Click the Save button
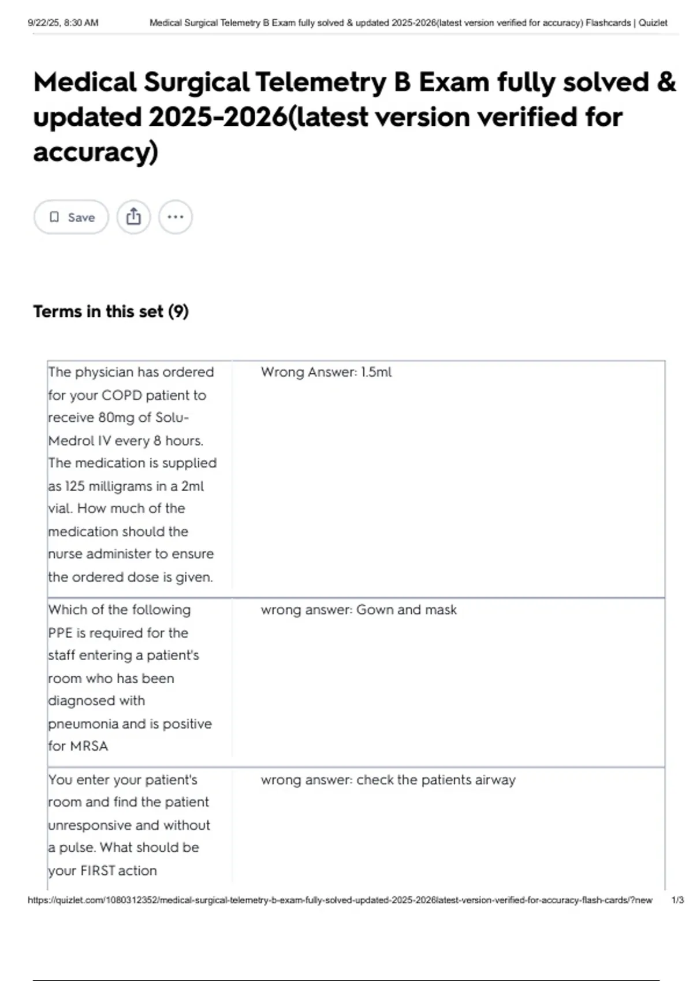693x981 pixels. click(71, 217)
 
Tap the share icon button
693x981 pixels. click(133, 217)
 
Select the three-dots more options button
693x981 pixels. click(175, 217)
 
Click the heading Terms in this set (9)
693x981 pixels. click(111, 312)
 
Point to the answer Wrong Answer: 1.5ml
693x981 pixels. click(326, 372)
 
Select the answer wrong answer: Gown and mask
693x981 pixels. click(358, 610)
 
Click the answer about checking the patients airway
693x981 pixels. click(388, 780)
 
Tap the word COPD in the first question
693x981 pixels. click(122, 395)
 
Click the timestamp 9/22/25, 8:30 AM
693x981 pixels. click(63, 23)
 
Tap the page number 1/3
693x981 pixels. click(677, 900)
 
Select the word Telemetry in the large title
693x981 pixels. click(321, 82)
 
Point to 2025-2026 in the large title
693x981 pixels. click(217, 117)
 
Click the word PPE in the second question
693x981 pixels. click(60, 633)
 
